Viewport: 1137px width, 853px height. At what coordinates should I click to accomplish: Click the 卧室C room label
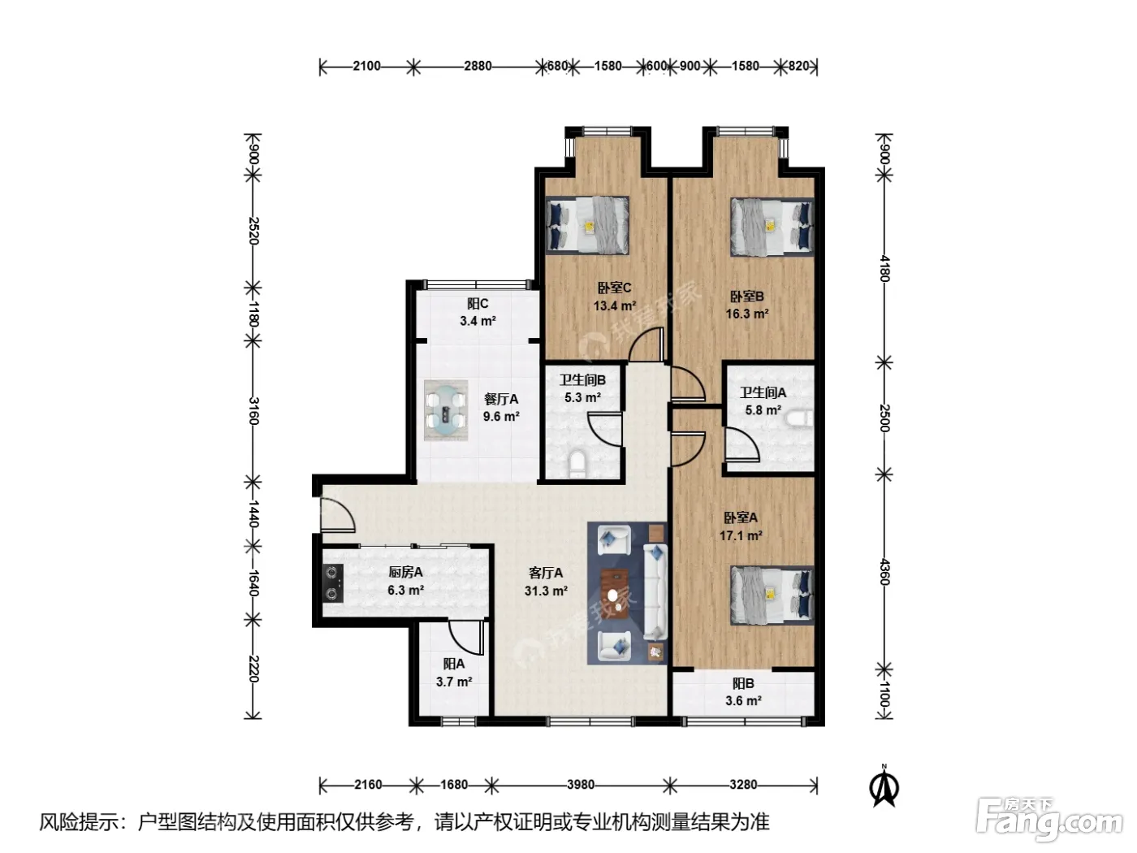click(614, 288)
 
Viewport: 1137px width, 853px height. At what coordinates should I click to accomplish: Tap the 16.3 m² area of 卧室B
click(746, 314)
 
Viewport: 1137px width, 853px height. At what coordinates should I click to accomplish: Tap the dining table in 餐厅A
click(446, 410)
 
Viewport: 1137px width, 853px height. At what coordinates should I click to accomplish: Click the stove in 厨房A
click(332, 582)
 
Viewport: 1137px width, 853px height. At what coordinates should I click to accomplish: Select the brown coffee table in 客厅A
click(614, 594)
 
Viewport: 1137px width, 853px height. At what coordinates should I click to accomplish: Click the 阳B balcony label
click(743, 684)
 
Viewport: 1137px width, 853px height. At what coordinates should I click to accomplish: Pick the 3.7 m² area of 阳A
click(454, 682)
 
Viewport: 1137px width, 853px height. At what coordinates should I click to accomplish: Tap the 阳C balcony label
click(478, 304)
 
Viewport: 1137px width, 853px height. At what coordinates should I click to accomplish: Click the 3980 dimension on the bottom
click(580, 785)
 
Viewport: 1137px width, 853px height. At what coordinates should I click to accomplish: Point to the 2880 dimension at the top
click(478, 66)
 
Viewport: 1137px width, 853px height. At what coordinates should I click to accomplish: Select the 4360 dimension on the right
click(884, 572)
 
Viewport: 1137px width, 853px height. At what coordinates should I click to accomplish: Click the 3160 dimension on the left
click(253, 411)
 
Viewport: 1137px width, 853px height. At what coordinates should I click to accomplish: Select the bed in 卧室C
click(587, 225)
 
